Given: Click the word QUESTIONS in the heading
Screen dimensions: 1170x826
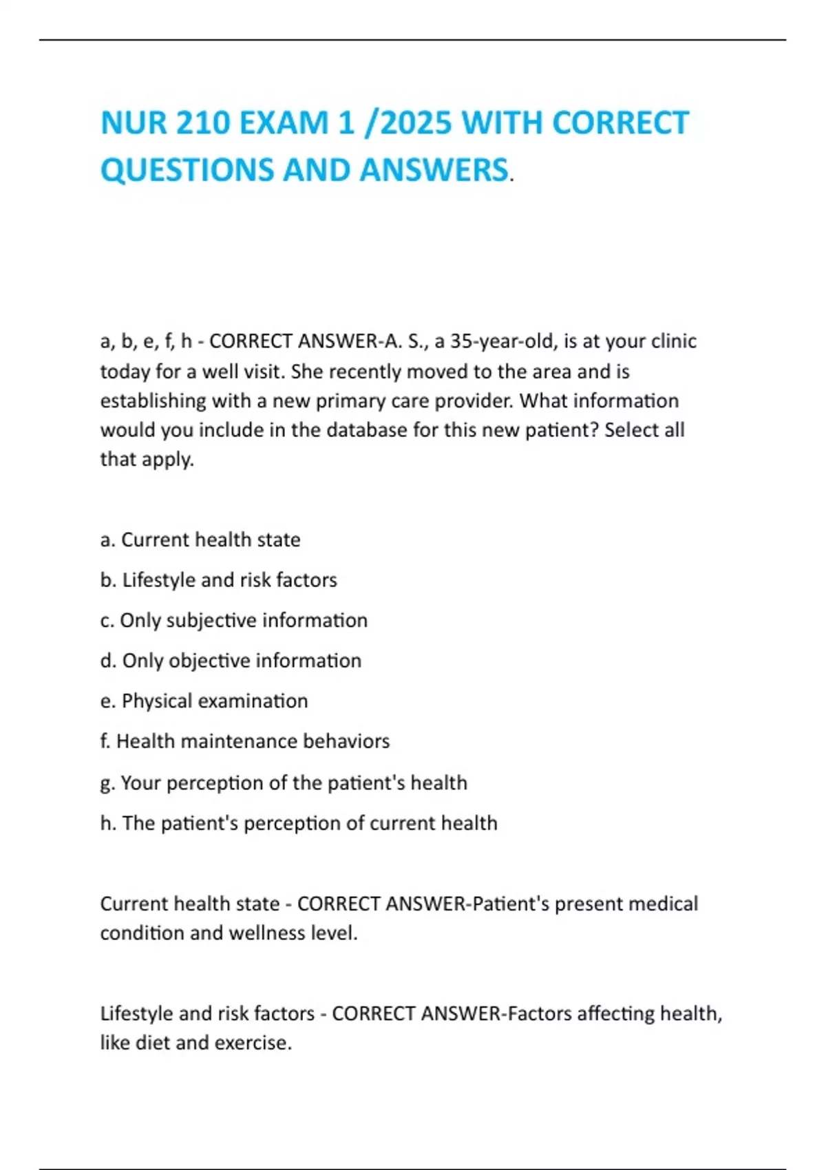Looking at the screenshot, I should point(187,170).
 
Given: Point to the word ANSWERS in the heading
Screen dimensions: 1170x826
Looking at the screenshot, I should point(434,170).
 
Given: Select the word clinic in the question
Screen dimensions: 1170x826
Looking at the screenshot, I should point(669,341).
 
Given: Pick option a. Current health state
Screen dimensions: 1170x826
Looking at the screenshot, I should point(200,540).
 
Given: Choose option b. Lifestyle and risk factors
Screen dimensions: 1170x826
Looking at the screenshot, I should point(219,580).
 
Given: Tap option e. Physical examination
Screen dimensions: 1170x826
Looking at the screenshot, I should point(204,701).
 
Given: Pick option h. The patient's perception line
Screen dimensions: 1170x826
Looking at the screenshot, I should point(299,823).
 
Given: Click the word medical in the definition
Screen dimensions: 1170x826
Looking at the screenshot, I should point(664,904).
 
